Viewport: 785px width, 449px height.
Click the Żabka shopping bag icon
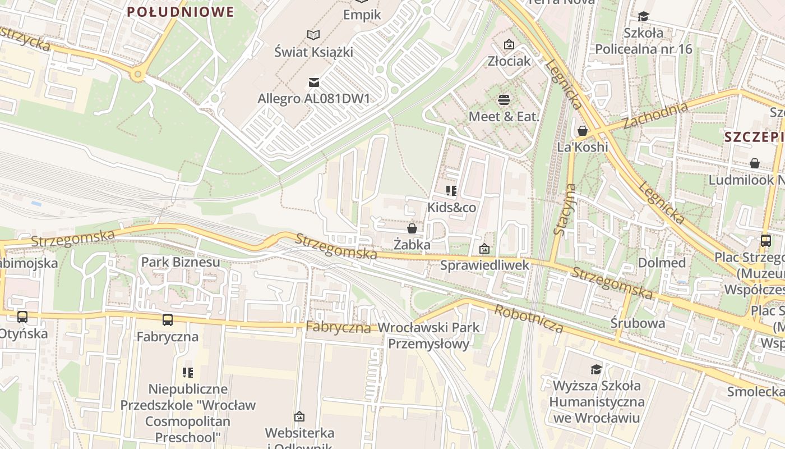click(x=412, y=228)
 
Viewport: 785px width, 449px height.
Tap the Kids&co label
click(x=451, y=208)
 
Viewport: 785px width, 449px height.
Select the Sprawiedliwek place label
click(x=484, y=265)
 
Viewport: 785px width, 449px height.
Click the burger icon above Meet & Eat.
click(x=504, y=100)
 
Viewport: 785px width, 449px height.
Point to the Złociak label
click(x=509, y=61)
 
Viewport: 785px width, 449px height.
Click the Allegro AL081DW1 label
click(x=314, y=99)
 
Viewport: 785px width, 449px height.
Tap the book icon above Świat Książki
click(x=313, y=35)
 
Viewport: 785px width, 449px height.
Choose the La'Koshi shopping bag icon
click(x=583, y=131)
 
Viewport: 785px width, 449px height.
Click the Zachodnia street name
click(x=655, y=116)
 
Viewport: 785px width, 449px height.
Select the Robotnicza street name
click(x=529, y=318)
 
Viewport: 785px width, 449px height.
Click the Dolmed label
click(x=662, y=263)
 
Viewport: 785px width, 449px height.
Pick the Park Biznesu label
click(x=181, y=262)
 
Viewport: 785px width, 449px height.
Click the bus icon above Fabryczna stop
click(x=168, y=320)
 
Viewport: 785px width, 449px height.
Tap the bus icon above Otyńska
click(x=22, y=317)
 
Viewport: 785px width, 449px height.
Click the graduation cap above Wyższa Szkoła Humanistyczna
click(x=596, y=369)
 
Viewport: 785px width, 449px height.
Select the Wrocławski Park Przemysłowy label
click(x=429, y=336)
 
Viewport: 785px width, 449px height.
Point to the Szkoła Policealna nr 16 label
click(x=643, y=41)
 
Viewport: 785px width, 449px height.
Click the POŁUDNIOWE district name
click(x=180, y=12)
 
